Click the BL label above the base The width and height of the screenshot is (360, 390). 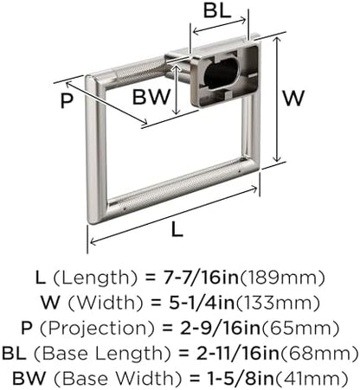[x=217, y=11]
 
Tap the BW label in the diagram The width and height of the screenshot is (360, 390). [x=151, y=97]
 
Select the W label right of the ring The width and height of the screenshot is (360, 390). [x=293, y=98]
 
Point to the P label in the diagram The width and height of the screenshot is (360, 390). [x=67, y=100]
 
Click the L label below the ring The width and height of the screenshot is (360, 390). [x=177, y=230]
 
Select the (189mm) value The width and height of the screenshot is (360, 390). [x=282, y=278]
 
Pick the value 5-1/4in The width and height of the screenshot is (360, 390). [x=202, y=303]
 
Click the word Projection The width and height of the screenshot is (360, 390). [x=97, y=329]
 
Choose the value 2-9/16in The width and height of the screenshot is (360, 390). [x=220, y=328]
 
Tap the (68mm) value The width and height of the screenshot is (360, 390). [x=319, y=354]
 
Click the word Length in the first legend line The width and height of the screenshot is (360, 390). [x=95, y=278]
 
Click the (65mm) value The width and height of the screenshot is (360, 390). [x=299, y=329]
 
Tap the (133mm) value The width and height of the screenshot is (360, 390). [x=278, y=303]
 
